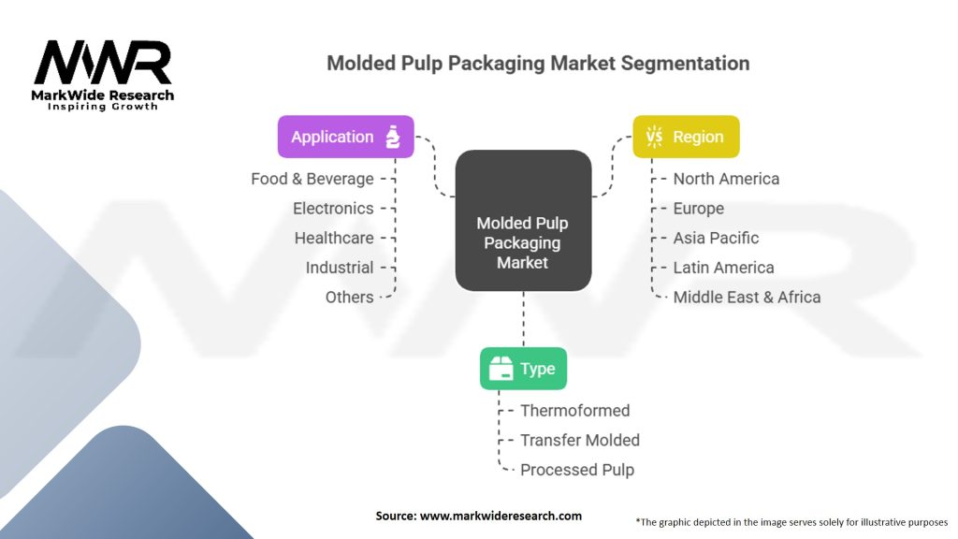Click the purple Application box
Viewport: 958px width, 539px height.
tap(346, 137)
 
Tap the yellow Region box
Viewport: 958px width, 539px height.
tap(686, 137)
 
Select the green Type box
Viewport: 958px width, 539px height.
tap(524, 369)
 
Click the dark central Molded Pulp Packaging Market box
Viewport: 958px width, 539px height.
tap(524, 221)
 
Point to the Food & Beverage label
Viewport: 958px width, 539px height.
tap(312, 179)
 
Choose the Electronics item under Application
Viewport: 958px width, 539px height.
tap(333, 209)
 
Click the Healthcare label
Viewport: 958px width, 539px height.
tap(334, 238)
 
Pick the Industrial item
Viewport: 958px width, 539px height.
tap(340, 268)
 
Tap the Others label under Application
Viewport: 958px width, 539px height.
tap(350, 297)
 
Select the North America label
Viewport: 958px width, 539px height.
tap(726, 179)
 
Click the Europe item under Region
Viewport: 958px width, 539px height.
tap(698, 209)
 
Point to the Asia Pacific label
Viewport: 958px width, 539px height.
tap(716, 238)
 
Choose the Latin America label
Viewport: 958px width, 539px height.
tap(723, 268)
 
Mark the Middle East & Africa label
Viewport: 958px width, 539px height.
tap(747, 297)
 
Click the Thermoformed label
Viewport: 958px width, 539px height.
tap(575, 411)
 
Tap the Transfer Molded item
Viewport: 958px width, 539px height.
tap(580, 440)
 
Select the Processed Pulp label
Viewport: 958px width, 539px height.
tap(577, 470)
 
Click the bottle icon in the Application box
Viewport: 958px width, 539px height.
tap(393, 137)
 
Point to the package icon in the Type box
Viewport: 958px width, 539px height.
tap(501, 369)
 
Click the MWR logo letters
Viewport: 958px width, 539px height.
tap(103, 63)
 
